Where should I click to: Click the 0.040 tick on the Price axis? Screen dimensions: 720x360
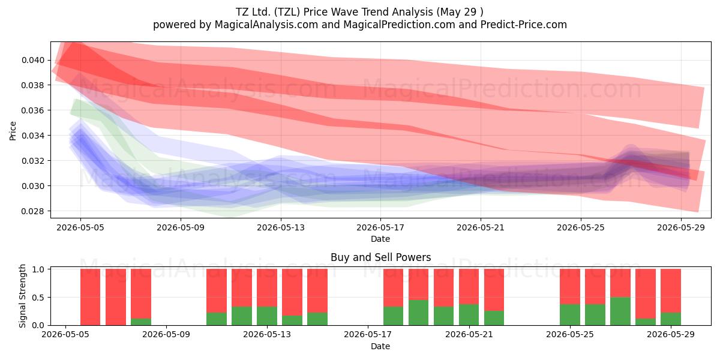pos(33,60)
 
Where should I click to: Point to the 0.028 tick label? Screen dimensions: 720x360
pos(33,211)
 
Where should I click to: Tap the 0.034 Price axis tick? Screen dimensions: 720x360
pos(33,136)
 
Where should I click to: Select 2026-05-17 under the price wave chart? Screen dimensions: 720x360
pos(380,227)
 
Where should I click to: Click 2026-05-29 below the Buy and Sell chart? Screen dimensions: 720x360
pos(671,335)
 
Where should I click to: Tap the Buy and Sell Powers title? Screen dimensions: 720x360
pos(380,257)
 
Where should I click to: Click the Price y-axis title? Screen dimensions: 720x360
pos(13,131)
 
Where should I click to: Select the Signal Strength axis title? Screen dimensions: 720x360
pos(22,296)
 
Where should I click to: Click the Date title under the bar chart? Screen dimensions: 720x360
pos(380,346)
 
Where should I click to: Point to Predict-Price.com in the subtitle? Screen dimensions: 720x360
pos(524,25)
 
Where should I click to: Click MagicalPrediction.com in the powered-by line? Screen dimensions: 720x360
pos(399,25)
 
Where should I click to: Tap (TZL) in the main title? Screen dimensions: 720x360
pos(287,12)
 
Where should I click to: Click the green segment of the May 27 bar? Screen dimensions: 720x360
pos(620,311)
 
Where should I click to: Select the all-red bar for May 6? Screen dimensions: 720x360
pos(91,297)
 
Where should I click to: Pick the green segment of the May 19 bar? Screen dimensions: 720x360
pos(419,313)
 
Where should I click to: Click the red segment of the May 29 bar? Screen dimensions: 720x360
pos(671,291)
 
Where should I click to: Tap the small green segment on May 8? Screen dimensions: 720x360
pos(141,322)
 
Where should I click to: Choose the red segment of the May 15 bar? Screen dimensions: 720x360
pos(317,291)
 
